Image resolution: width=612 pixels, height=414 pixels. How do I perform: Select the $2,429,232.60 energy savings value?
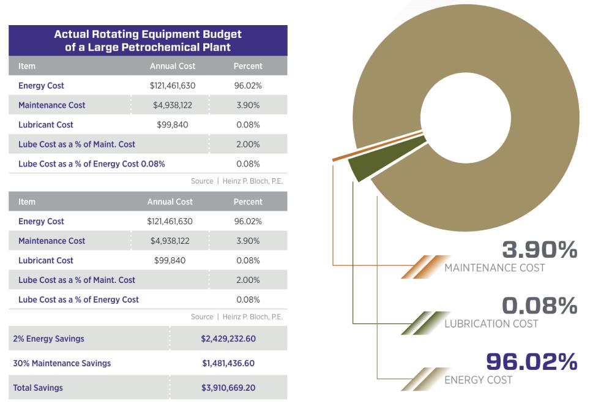point(228,339)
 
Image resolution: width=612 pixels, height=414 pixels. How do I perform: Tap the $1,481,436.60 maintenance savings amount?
point(228,363)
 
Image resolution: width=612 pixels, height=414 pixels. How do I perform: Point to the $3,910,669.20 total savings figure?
point(228,388)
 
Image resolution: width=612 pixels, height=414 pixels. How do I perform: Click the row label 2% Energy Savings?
point(49,339)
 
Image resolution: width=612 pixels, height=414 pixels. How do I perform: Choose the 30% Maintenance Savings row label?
point(62,363)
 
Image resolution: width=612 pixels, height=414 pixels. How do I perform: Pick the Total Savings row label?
point(38,388)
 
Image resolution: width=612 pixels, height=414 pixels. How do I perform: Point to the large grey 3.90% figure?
point(539,250)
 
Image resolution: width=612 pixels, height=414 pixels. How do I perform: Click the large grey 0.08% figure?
point(539,306)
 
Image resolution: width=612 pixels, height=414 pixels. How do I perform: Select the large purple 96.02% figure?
point(531,362)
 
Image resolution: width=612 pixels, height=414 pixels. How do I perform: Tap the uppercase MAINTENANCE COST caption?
point(494,268)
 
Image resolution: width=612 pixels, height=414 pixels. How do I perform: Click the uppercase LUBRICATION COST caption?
point(491,323)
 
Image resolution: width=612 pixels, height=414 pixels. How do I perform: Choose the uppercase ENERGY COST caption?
point(479,380)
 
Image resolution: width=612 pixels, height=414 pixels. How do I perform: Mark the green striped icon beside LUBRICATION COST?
point(422,323)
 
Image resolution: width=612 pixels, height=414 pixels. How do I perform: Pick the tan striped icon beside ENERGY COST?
point(422,379)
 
